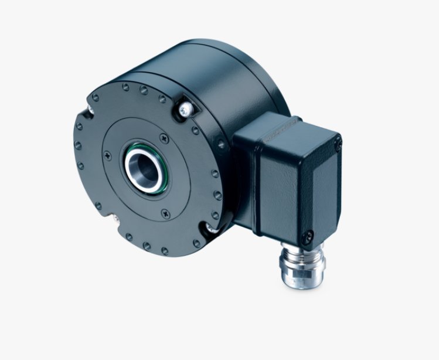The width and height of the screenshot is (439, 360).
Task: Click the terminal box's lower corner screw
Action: point(307,236)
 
